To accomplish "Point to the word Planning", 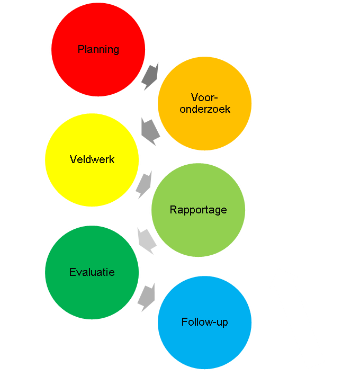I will (98, 49).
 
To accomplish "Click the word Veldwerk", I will (92, 159).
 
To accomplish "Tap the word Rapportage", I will (198, 210).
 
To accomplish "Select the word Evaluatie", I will (92, 273).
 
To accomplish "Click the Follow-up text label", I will (204, 322).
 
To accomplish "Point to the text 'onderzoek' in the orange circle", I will (205, 109).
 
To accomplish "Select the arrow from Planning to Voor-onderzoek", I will (150, 76).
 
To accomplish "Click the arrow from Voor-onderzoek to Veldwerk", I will (150, 131).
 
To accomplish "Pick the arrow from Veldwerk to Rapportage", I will (144, 184).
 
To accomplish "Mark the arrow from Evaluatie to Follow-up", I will (146, 297).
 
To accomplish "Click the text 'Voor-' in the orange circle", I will (204, 97).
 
